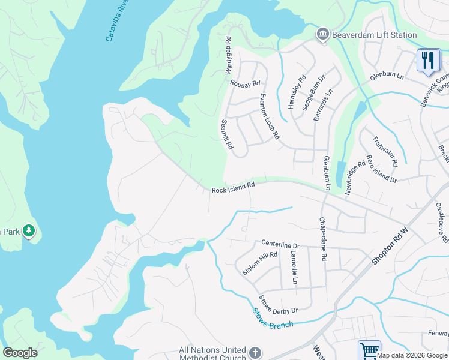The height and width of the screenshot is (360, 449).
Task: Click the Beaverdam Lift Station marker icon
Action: click(323, 34)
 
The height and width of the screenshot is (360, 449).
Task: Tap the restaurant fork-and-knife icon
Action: click(428, 60)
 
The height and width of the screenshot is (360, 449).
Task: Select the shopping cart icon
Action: click(369, 350)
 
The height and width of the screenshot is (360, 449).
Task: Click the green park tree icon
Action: click(29, 230)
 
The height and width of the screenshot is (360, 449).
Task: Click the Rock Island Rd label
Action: click(234, 188)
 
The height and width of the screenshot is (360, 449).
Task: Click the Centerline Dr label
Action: click(280, 245)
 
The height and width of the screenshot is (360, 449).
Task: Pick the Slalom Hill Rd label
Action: click(259, 263)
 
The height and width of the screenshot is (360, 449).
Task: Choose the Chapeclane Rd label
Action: click(323, 239)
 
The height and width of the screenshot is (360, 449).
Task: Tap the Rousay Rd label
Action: click(245, 83)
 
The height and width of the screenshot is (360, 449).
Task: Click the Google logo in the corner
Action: click(20, 353)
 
